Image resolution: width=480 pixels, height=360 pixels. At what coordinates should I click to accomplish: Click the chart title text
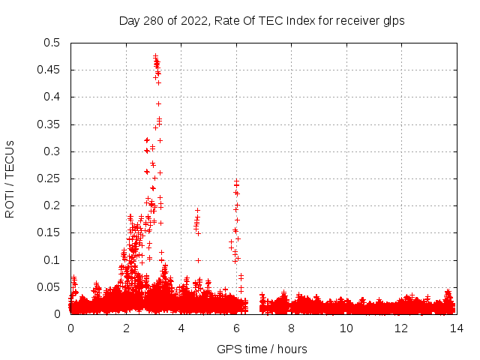click(x=262, y=21)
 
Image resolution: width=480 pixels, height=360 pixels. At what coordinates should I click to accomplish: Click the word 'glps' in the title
click(x=394, y=21)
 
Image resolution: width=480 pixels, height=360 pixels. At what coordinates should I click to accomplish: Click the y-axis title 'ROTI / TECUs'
click(x=10, y=178)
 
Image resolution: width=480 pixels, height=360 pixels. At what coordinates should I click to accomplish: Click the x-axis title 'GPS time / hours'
click(x=262, y=349)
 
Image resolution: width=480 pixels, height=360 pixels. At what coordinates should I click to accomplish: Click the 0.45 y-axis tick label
click(x=51, y=70)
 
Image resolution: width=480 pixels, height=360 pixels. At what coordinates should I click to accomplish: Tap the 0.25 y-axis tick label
click(x=51, y=178)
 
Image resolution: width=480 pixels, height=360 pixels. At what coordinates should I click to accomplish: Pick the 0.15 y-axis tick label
click(x=51, y=232)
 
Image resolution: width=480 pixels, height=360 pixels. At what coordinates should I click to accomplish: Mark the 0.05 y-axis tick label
click(x=51, y=287)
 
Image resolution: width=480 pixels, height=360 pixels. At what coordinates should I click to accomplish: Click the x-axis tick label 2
click(x=126, y=328)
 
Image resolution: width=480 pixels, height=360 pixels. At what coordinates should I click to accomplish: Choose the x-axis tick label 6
click(x=236, y=328)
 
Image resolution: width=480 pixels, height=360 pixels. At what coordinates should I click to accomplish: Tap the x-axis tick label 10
click(x=346, y=328)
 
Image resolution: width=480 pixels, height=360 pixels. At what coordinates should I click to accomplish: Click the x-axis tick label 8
click(x=291, y=328)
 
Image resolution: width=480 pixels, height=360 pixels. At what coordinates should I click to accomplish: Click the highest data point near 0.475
click(x=155, y=56)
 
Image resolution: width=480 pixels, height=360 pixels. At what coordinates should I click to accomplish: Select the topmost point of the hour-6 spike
click(x=236, y=181)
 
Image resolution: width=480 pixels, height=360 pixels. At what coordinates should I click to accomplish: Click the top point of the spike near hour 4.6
click(x=198, y=211)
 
